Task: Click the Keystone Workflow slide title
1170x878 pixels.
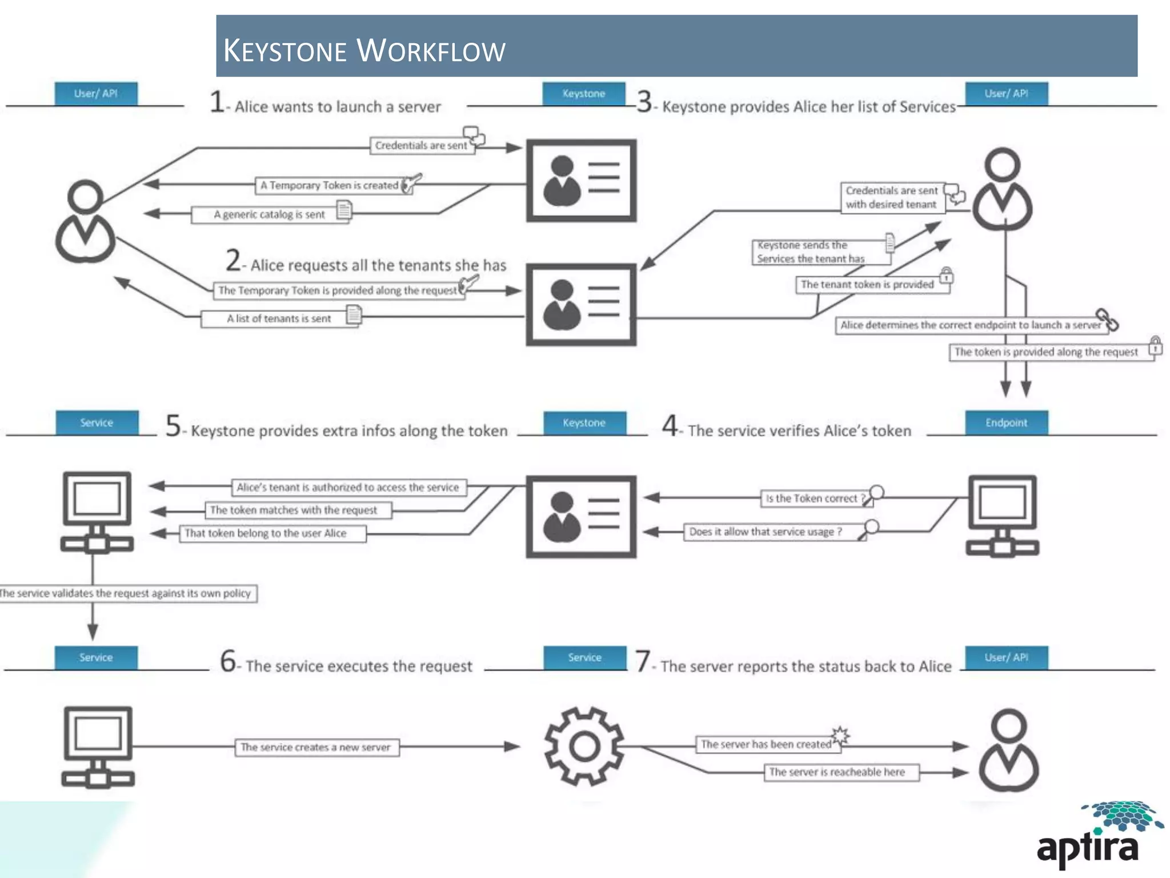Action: (364, 50)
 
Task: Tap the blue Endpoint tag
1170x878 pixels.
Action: (1006, 423)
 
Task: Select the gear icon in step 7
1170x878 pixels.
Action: (584, 746)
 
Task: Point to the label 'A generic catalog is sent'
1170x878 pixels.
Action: (269, 215)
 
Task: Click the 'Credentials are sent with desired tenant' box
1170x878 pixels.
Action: (891, 198)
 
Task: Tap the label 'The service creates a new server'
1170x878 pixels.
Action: (316, 747)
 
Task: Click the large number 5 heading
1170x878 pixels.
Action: (173, 426)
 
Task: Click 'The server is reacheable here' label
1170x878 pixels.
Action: (838, 772)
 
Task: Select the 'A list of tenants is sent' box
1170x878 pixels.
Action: (278, 318)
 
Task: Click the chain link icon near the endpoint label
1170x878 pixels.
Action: (1107, 320)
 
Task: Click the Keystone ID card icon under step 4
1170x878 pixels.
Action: (581, 516)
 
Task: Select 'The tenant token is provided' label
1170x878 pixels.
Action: (867, 285)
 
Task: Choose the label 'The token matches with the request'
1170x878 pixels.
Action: (294, 510)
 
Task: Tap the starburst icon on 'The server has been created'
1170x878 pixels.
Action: (840, 735)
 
